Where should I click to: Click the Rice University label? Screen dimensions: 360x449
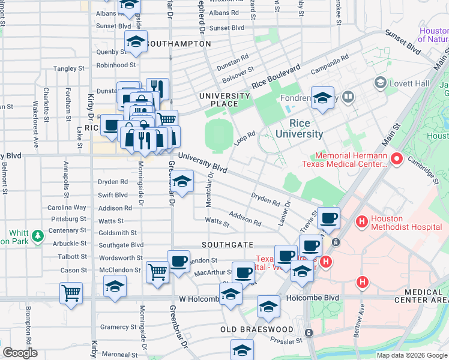click(299, 128)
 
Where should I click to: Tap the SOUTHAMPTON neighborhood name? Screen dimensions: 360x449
click(178, 44)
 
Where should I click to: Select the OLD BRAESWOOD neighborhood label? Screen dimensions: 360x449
click(256, 329)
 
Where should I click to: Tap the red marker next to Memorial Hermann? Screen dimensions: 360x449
click(396, 159)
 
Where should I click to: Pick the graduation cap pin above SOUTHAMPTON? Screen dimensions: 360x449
click(136, 42)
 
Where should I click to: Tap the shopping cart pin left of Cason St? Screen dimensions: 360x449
click(71, 293)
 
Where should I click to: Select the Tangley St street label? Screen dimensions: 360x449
click(68, 69)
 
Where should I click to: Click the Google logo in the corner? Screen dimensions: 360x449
click(20, 352)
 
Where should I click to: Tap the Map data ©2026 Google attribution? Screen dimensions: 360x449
click(412, 355)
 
